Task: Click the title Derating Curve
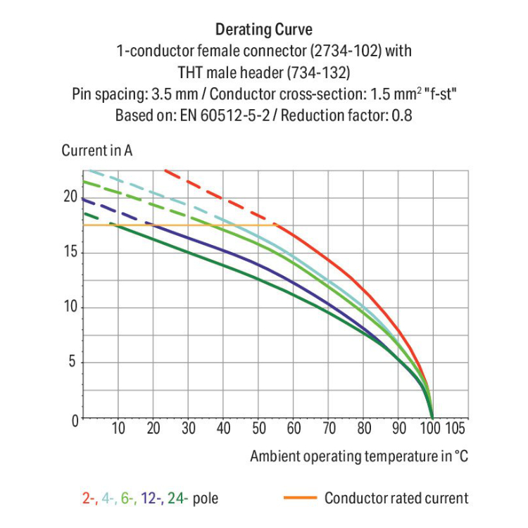[263, 30]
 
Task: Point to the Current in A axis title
[97, 151]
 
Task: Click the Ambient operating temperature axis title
[358, 456]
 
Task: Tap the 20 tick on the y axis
[68, 197]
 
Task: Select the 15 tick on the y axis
[68, 253]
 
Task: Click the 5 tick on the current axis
[71, 363]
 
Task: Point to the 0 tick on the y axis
[71, 420]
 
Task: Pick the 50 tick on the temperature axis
[258, 429]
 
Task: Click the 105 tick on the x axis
[456, 429]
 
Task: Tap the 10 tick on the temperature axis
[118, 429]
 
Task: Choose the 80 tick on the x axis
[364, 429]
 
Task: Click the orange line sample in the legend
[298, 498]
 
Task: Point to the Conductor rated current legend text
[396, 498]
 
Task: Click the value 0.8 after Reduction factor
[401, 115]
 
